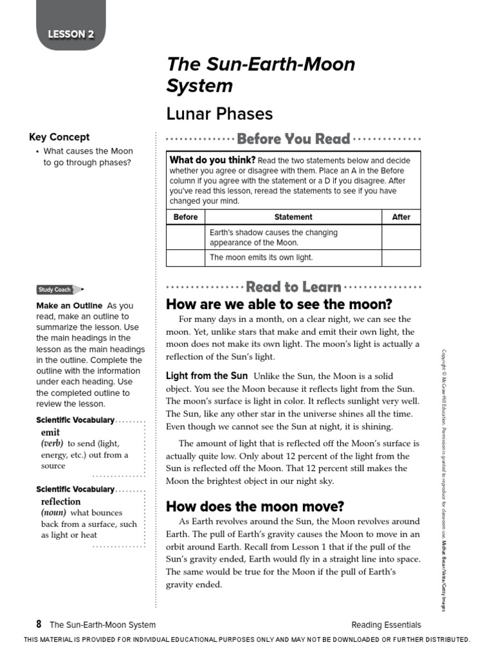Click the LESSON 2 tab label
[x=71, y=34]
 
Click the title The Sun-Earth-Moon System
[x=261, y=75]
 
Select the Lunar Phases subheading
[x=219, y=114]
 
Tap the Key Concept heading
[x=59, y=137]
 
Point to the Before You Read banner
[x=293, y=139]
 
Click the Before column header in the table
[x=185, y=217]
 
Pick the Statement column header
[x=293, y=217]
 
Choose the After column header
[x=401, y=217]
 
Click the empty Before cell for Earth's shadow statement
[x=185, y=237]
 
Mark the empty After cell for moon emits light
[x=401, y=258]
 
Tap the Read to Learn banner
[x=293, y=287]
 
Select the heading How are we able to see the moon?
[x=279, y=304]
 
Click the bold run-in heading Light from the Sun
[x=206, y=376]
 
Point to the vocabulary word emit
[x=50, y=432]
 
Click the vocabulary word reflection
[x=61, y=501]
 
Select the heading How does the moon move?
[x=255, y=506]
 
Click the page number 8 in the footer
[x=39, y=624]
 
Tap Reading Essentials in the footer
[x=386, y=625]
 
